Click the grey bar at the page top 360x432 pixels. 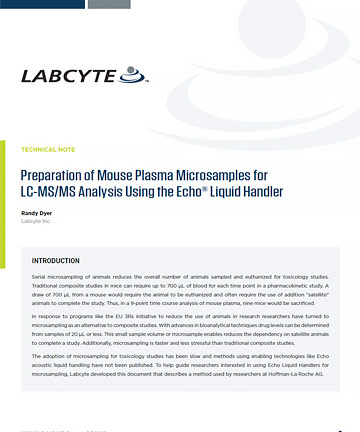point(109,4)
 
